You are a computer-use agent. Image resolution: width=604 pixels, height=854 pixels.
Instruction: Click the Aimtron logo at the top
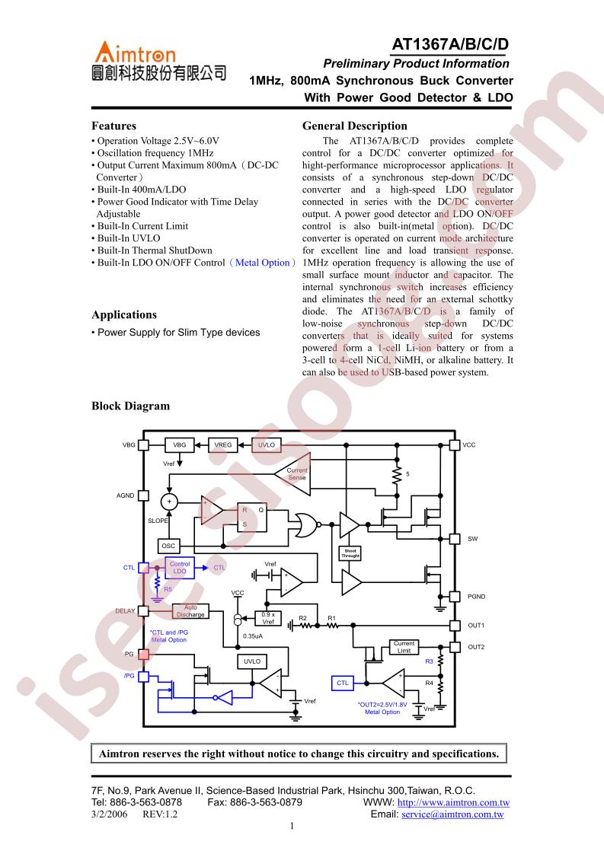pyautogui.click(x=158, y=61)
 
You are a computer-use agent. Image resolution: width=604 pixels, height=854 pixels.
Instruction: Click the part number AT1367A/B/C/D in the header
pyautogui.click(x=449, y=44)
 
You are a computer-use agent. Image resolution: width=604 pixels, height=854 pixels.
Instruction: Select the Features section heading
pyautogui.click(x=114, y=126)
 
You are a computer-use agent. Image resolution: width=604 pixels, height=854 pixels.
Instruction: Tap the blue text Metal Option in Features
pyautogui.click(x=263, y=263)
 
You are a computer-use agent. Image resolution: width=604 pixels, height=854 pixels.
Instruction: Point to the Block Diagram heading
pyautogui.click(x=131, y=406)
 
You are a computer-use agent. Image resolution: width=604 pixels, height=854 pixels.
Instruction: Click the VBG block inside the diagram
pyautogui.click(x=179, y=445)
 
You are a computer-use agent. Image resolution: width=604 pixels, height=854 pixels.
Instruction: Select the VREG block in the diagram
pyautogui.click(x=223, y=445)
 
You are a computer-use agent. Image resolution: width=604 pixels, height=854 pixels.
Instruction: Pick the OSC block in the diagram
pyautogui.click(x=168, y=546)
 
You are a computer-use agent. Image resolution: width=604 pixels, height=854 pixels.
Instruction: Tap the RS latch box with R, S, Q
pyautogui.click(x=252, y=517)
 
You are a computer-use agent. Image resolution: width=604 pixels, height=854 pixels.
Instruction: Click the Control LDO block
pyautogui.click(x=180, y=568)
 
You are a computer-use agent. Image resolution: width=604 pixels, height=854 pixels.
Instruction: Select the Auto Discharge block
pyautogui.click(x=190, y=611)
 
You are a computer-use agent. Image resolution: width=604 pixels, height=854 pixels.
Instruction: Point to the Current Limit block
pyautogui.click(x=404, y=647)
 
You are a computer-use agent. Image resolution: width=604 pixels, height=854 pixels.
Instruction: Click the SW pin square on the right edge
pyautogui.click(x=455, y=539)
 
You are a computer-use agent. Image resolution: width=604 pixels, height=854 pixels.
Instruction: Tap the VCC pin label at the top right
pyautogui.click(x=469, y=445)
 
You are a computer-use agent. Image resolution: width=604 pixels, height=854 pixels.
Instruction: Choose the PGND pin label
pyautogui.click(x=477, y=597)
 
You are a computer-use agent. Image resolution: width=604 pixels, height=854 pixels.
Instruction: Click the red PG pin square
pyautogui.click(x=143, y=654)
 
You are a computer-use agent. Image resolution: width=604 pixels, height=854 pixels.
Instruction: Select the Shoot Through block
pyautogui.click(x=350, y=553)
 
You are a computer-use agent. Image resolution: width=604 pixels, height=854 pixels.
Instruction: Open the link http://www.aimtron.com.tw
pyautogui.click(x=453, y=802)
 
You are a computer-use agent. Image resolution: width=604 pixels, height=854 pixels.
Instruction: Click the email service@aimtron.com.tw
pyautogui.click(x=452, y=814)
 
